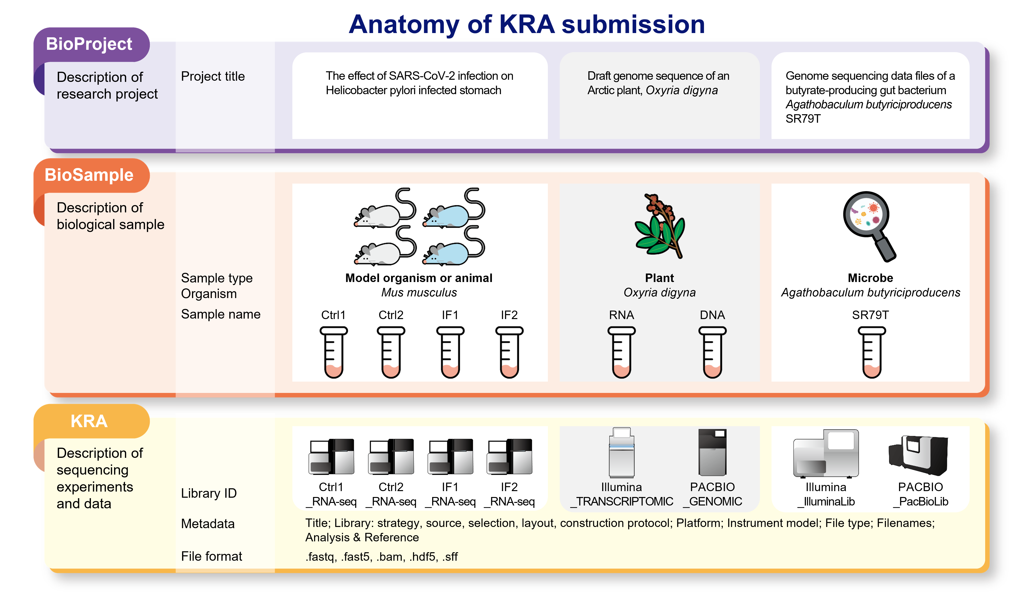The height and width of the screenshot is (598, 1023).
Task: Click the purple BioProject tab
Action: pyautogui.click(x=89, y=44)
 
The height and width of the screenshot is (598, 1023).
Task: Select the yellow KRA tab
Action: pyautogui.click(x=89, y=421)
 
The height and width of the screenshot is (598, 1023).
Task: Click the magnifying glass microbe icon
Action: pyautogui.click(x=869, y=225)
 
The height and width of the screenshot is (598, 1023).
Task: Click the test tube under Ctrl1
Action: pyautogui.click(x=334, y=352)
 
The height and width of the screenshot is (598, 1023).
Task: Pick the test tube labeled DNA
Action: pyautogui.click(x=712, y=352)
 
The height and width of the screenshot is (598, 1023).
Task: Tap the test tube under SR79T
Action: pyautogui.click(x=872, y=352)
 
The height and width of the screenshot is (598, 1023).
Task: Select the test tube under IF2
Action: pyautogui.click(x=509, y=352)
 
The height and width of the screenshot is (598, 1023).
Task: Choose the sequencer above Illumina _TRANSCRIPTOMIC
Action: pyautogui.click(x=622, y=452)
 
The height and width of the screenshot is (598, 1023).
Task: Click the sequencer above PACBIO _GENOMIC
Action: pyautogui.click(x=712, y=452)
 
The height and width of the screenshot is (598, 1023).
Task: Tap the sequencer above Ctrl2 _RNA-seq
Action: pyautogui.click(x=391, y=456)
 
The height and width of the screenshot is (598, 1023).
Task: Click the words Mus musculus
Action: pyautogui.click(x=419, y=292)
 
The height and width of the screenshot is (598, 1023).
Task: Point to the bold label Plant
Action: pyautogui.click(x=659, y=278)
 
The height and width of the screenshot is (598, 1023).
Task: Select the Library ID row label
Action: pyautogui.click(x=209, y=493)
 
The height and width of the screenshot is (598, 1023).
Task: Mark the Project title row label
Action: pyautogui.click(x=213, y=76)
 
